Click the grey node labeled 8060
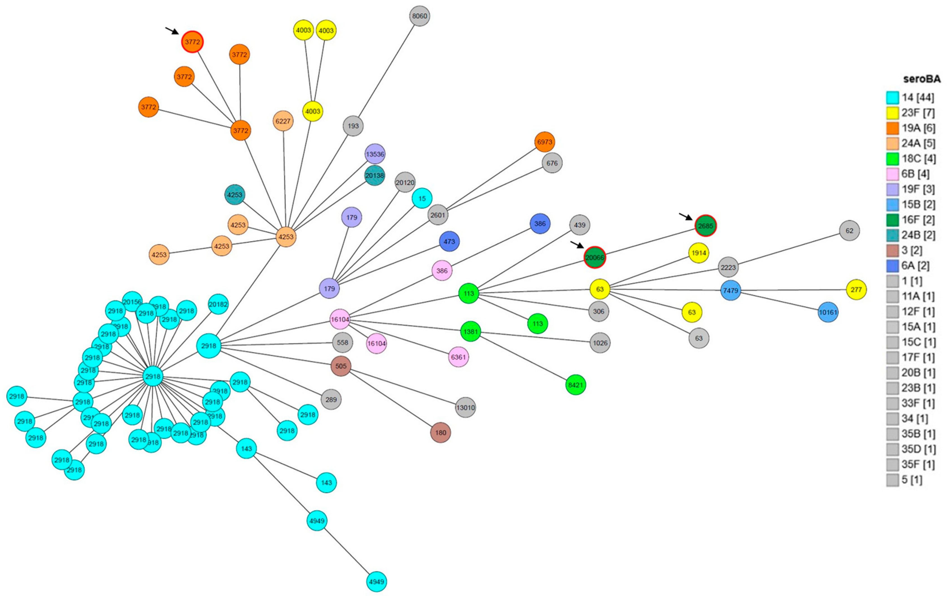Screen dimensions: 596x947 point(419,16)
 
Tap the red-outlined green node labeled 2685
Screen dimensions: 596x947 point(705,226)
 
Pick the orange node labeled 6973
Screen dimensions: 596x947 point(545,142)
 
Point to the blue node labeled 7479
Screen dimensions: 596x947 point(731,290)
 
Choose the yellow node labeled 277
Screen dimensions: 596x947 point(856,290)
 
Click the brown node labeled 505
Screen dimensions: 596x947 point(341,366)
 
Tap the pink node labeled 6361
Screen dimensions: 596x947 point(459,357)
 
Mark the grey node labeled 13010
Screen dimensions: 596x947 point(465,407)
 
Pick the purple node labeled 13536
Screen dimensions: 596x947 point(375,154)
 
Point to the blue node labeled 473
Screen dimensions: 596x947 point(449,241)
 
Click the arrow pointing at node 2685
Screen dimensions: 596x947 point(686,217)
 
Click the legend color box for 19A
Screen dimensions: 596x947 point(893,128)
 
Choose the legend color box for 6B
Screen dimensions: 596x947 point(893,174)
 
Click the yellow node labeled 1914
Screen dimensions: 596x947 point(699,253)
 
